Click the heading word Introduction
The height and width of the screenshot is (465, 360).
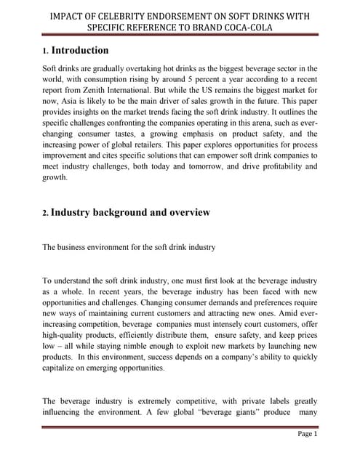pyautogui.click(x=80, y=51)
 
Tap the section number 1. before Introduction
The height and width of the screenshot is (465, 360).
pyautogui.click(x=45, y=52)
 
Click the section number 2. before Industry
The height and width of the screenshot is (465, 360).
pyautogui.click(x=45, y=214)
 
